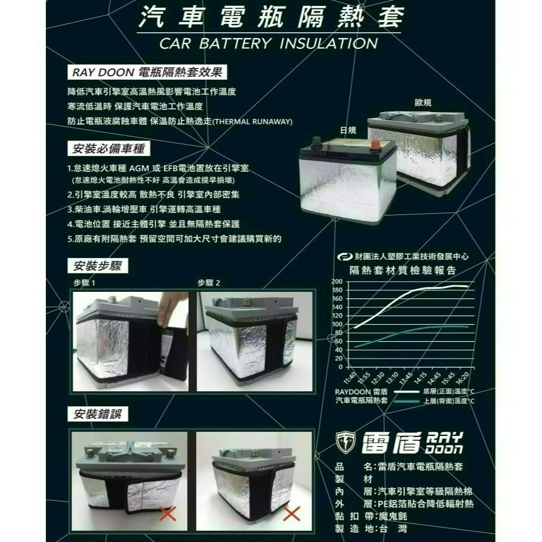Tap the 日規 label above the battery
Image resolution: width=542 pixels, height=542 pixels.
[347, 130]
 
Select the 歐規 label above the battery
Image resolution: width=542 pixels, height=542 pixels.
[423, 103]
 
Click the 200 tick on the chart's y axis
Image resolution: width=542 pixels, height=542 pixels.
[337, 281]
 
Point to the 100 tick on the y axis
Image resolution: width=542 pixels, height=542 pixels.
[337, 324]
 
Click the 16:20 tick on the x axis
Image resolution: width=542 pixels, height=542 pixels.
[462, 376]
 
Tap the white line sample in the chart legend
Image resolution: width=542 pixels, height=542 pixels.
[407, 392]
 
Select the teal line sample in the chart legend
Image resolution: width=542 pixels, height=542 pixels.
[407, 401]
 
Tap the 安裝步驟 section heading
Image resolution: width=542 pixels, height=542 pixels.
[98, 266]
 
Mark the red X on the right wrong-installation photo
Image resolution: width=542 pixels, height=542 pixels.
[291, 513]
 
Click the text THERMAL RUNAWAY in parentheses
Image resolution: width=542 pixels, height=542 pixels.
[253, 122]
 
